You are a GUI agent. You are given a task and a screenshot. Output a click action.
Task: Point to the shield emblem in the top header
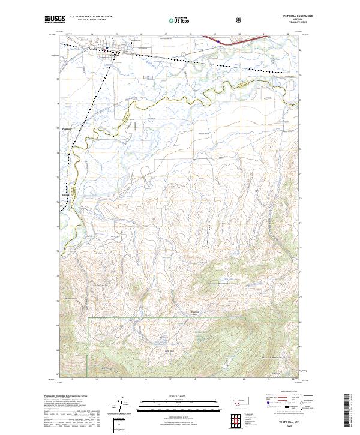click(x=239, y=20)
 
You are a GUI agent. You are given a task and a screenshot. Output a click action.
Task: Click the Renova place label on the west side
click(x=65, y=194)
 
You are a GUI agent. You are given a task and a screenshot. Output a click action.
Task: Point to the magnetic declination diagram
click(x=120, y=405)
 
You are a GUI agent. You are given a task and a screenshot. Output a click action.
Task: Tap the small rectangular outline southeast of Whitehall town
click(x=147, y=76)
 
